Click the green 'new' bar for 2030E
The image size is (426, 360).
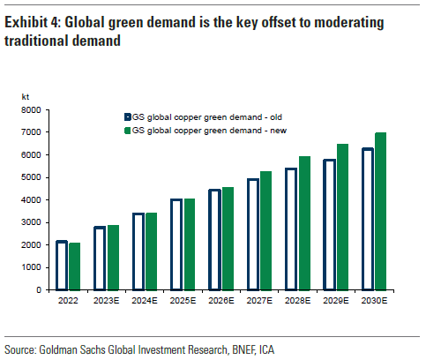tap(380, 211)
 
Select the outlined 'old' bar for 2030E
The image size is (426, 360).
tap(362, 219)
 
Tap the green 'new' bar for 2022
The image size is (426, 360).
tap(74, 266)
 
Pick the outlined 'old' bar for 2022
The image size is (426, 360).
tap(56, 266)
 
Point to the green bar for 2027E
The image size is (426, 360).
tap(265, 230)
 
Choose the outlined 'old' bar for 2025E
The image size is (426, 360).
tap(171, 244)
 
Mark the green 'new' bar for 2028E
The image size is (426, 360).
tap(304, 223)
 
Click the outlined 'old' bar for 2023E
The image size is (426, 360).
tap(94, 259)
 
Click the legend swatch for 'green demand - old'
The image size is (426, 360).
tap(128, 117)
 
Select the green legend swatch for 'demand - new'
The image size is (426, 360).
tap(128, 131)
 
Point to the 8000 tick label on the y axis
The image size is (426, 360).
tap(31, 110)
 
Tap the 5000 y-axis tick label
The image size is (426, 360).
tap(31, 177)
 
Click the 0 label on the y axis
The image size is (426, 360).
tap(39, 290)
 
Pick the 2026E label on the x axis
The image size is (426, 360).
tap(221, 301)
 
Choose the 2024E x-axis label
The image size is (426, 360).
tap(145, 301)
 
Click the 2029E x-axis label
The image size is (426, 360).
tap(336, 301)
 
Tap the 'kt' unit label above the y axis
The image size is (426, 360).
tap(26, 97)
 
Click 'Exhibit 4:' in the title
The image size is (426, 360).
tap(33, 22)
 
